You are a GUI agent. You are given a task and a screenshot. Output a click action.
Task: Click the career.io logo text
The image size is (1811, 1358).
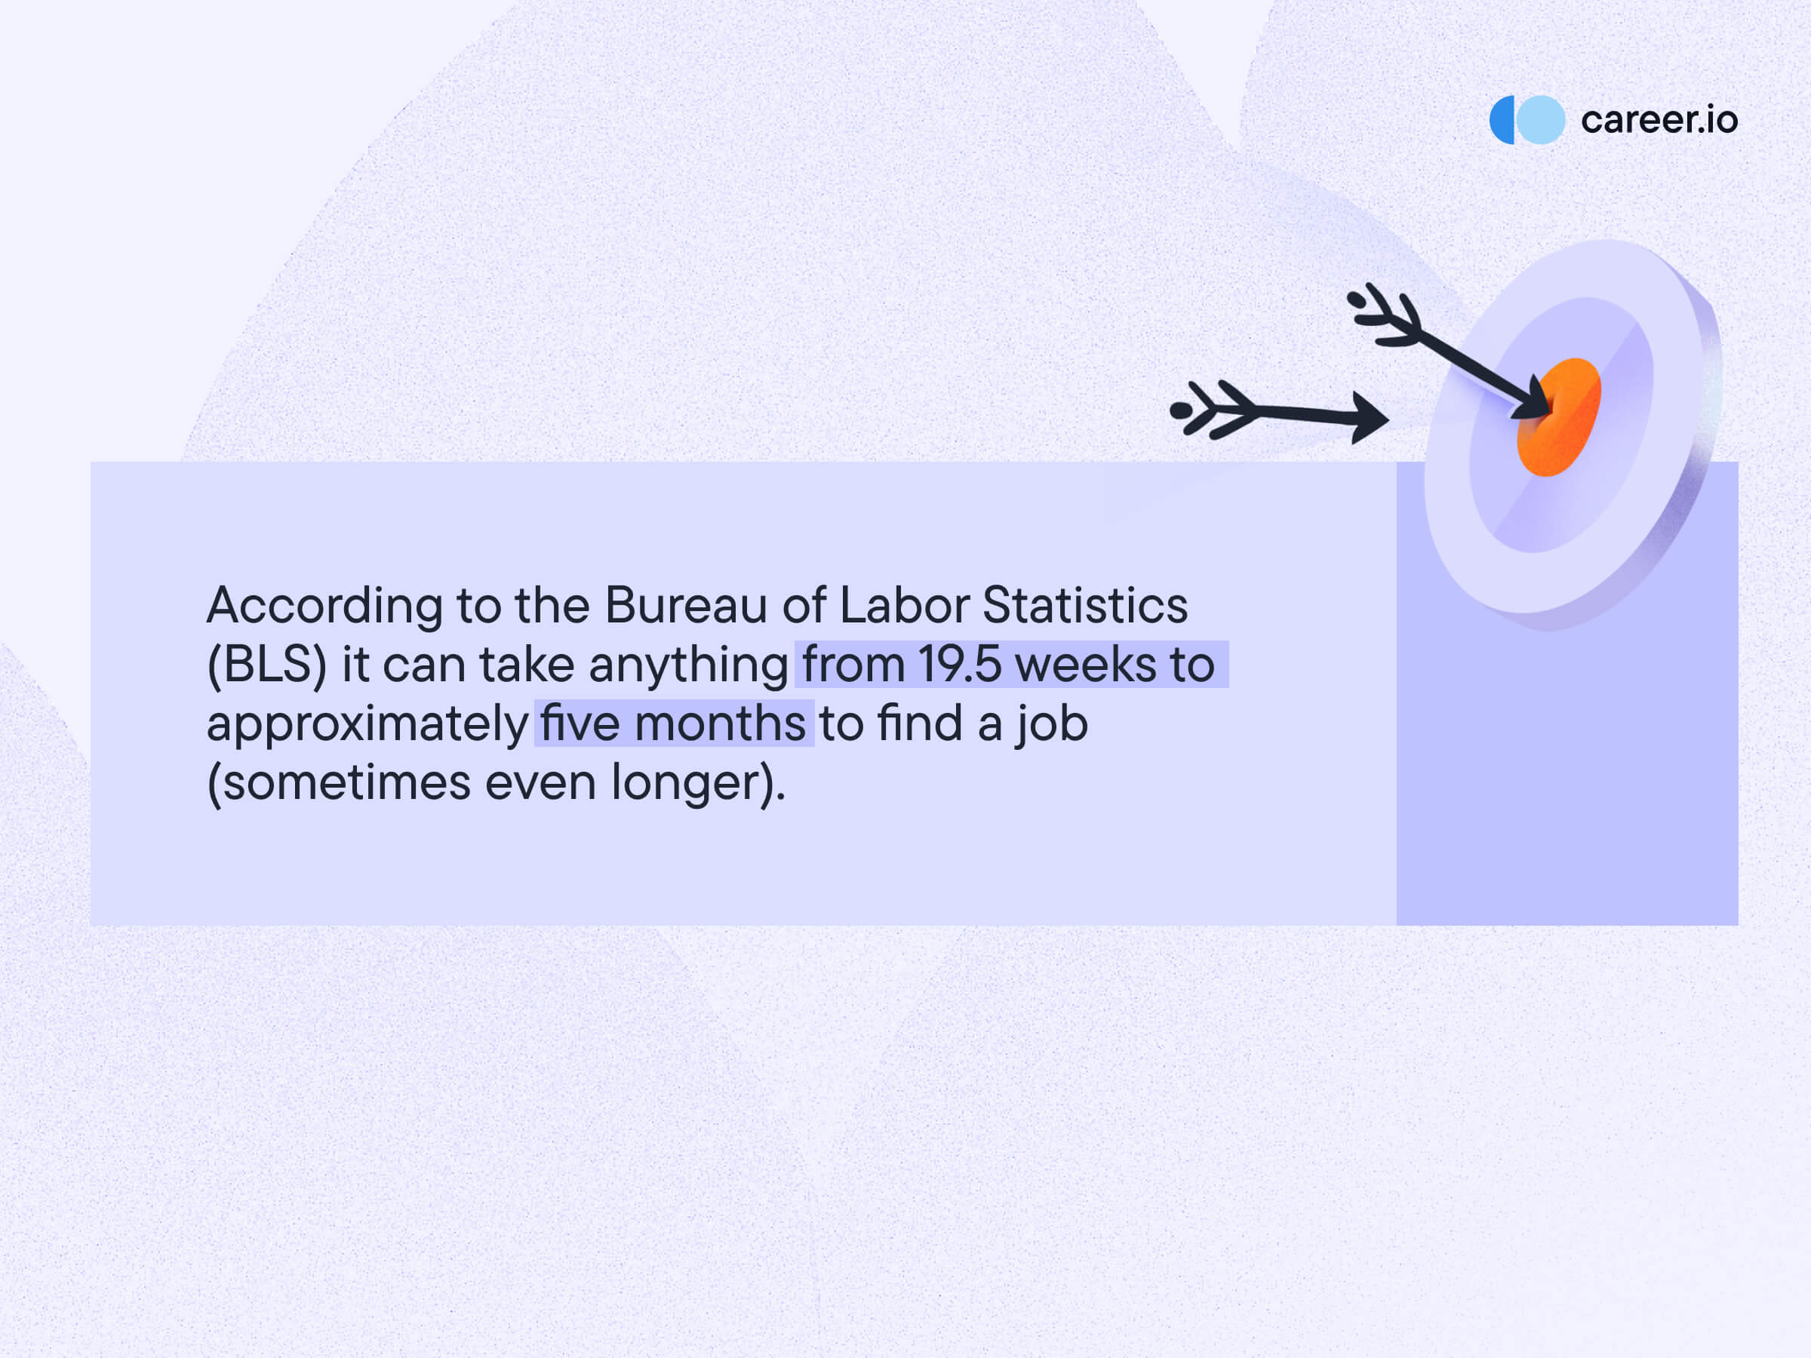coord(1659,120)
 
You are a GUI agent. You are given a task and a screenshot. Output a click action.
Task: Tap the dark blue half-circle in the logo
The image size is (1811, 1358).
coord(1501,119)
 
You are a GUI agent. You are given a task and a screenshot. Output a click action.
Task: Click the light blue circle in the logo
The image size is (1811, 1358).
coord(1541,119)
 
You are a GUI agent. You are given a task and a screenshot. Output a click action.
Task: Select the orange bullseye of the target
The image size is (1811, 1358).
coord(1560,416)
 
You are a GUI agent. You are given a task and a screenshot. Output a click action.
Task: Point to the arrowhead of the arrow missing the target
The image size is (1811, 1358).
coord(1369,418)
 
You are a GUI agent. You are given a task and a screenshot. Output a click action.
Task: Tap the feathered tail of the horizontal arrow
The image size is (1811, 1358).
coord(1212,409)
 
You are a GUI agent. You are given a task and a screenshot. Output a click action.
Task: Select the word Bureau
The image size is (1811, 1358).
coord(685,606)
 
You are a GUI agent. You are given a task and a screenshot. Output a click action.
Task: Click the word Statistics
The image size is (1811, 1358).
coord(1085,606)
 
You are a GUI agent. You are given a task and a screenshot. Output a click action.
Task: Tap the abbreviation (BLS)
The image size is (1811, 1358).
coord(267,665)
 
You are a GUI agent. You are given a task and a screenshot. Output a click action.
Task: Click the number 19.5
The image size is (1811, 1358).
coord(960,665)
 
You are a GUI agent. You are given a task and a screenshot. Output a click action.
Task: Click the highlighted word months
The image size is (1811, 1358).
coord(720,724)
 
